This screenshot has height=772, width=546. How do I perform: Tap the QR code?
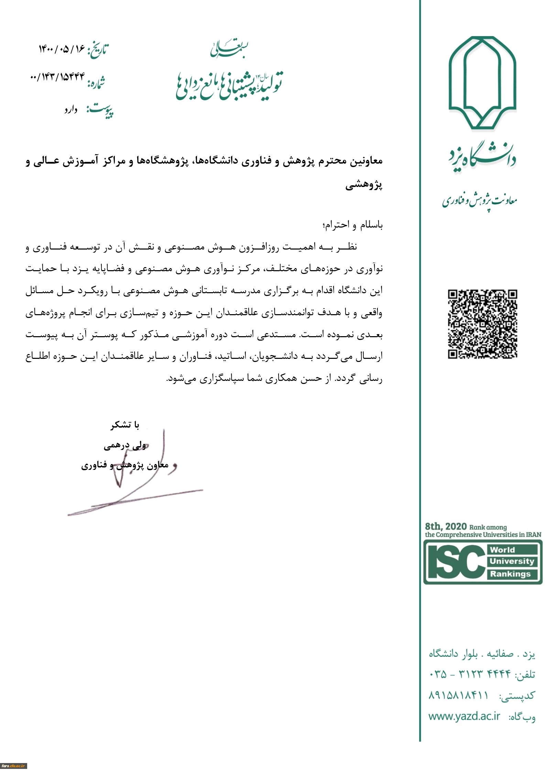point(482,324)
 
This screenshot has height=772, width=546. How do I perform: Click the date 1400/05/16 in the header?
point(62,49)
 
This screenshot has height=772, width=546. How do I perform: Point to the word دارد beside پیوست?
point(71,110)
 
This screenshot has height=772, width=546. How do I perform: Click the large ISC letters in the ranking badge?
point(455,562)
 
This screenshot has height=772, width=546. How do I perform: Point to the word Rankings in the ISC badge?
point(510,574)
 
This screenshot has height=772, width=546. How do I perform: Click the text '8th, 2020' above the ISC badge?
point(446,526)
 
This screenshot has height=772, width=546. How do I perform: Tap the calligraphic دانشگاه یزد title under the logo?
point(482,159)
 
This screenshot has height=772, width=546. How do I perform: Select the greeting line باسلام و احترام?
point(352,225)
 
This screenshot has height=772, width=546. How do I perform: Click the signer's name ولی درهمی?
point(125,446)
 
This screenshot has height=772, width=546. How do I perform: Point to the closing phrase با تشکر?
point(125,425)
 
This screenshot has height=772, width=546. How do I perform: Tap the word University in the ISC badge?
point(512,561)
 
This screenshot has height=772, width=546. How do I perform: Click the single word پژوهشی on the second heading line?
point(364,185)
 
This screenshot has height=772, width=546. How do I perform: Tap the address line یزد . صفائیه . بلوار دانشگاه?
point(482,653)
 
